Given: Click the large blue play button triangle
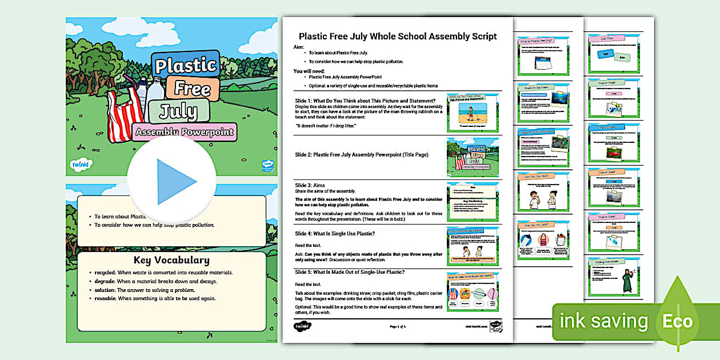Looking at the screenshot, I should pyautogui.click(x=174, y=182).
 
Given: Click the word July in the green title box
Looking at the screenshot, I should pyautogui.click(x=178, y=110).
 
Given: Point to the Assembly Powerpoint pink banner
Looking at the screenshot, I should pyautogui.click(x=185, y=133).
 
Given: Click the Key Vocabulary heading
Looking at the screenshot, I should pyautogui.click(x=171, y=261).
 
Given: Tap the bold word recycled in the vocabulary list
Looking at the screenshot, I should pyautogui.click(x=104, y=273).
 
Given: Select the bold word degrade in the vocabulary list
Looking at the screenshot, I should pyautogui.click(x=103, y=281).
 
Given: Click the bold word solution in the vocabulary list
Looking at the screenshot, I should pyautogui.click(x=104, y=290).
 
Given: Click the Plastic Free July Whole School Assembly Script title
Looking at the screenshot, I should pyautogui.click(x=398, y=37).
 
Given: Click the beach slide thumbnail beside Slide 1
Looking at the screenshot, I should pyautogui.click(x=473, y=113).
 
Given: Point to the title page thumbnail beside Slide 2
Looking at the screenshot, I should pyautogui.click(x=473, y=156).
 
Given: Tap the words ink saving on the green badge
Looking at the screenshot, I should pyautogui.click(x=604, y=321).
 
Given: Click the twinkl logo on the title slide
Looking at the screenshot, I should pyautogui.click(x=80, y=165).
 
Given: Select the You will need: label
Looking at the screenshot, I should pyautogui.click(x=309, y=71).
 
